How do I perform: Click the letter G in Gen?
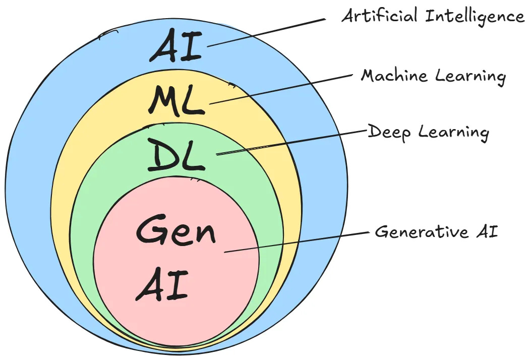pos(150,231)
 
